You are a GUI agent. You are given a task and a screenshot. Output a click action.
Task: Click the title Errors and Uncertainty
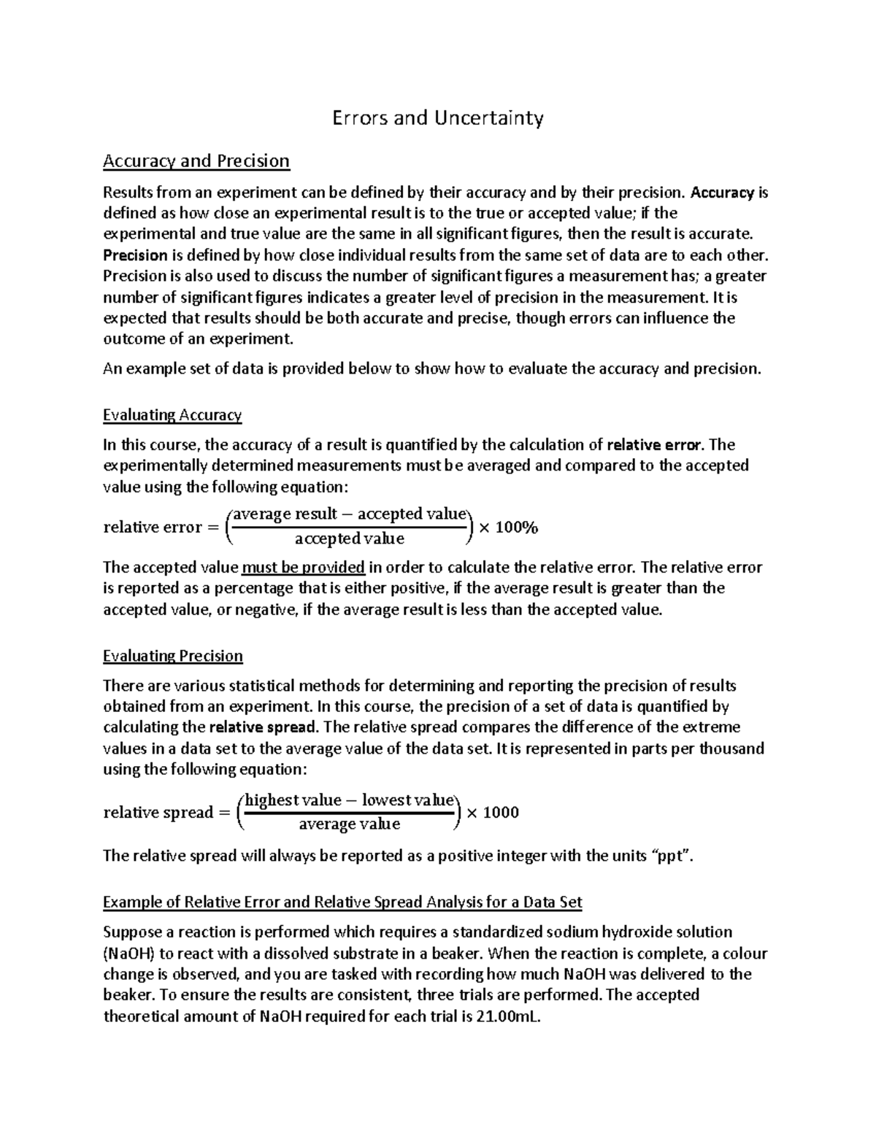pyautogui.click(x=438, y=117)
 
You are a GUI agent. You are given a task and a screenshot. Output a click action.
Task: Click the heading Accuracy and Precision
pyautogui.click(x=196, y=161)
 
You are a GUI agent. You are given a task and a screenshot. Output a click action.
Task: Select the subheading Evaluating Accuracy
pyautogui.click(x=172, y=415)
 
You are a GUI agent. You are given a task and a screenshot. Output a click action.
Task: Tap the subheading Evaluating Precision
pyautogui.click(x=173, y=656)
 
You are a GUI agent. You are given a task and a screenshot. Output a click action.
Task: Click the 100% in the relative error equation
pyautogui.click(x=517, y=527)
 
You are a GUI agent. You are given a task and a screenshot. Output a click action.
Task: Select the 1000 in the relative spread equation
pyautogui.click(x=501, y=812)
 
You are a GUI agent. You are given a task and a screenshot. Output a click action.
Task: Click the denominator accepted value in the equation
pyautogui.click(x=349, y=539)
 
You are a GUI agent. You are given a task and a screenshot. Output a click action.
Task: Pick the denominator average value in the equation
pyautogui.click(x=350, y=824)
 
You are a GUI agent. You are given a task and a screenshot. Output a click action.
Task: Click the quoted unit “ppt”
pyautogui.click(x=669, y=856)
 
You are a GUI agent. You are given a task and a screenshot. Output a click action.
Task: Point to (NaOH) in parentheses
pyautogui.click(x=128, y=953)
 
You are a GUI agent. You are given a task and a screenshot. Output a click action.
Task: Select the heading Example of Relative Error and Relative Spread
pyautogui.click(x=342, y=902)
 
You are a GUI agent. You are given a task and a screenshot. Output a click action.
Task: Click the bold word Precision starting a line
pyautogui.click(x=136, y=255)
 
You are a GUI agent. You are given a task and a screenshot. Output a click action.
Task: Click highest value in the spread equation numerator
pyautogui.click(x=293, y=800)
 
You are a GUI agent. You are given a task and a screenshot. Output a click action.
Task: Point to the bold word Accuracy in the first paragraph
pyautogui.click(x=722, y=193)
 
